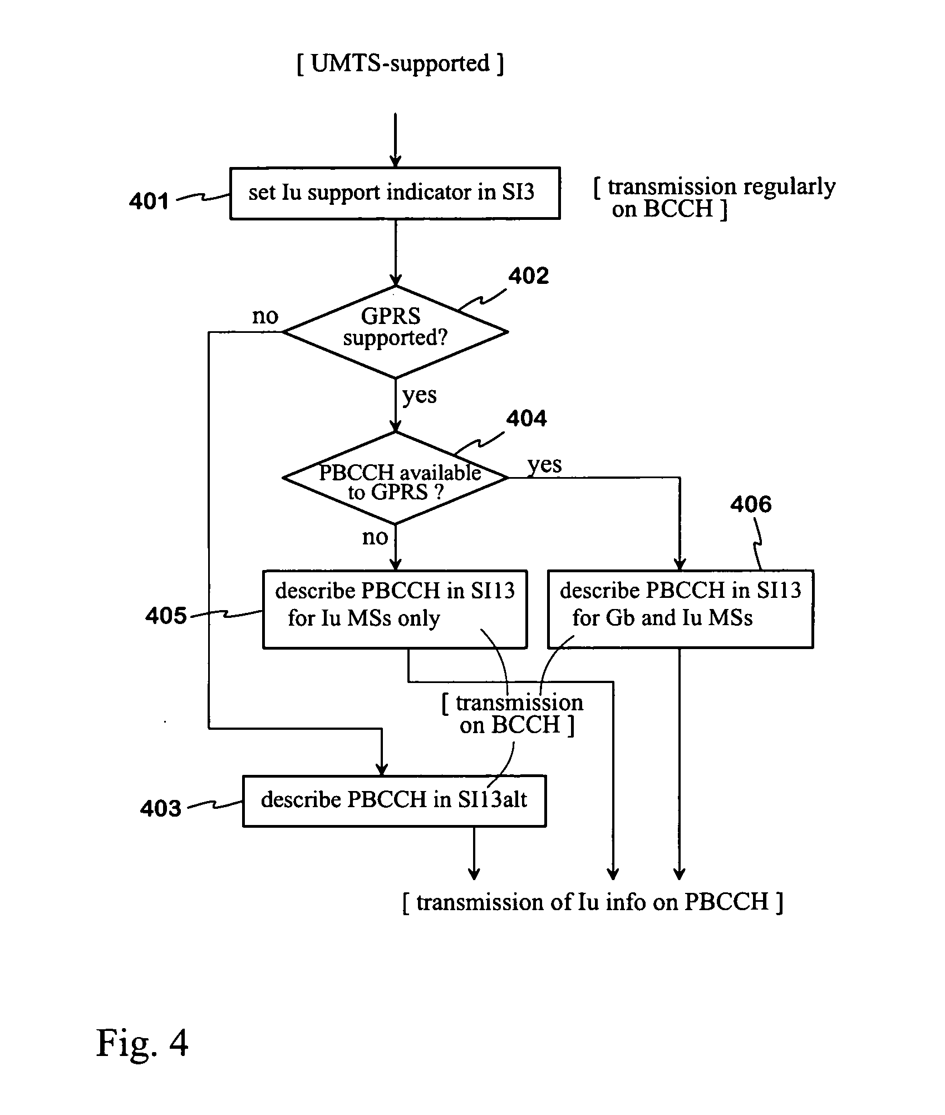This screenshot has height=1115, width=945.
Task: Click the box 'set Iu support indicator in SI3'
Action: tap(395, 193)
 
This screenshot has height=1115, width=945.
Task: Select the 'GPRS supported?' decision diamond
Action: tap(395, 332)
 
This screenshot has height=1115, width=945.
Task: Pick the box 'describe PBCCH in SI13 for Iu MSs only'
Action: tap(395, 609)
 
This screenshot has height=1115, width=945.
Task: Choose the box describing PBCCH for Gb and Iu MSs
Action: tap(680, 609)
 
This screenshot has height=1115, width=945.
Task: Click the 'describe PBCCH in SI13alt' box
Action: tap(394, 800)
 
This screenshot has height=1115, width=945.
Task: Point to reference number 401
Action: tap(149, 201)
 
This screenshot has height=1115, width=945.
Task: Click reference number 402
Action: tap(528, 276)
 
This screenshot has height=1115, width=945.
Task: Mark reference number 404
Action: tap(526, 419)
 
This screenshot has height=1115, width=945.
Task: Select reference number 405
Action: tap(166, 616)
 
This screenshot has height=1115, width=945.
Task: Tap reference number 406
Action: tap(751, 505)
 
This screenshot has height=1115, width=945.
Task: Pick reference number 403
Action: tap(160, 808)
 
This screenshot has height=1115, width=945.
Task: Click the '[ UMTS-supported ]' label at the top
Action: tap(400, 63)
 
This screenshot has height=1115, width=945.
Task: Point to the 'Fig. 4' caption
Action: tap(142, 1043)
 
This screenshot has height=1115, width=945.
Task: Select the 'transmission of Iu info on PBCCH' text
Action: tap(592, 902)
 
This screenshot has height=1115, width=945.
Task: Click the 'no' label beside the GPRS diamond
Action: tap(265, 316)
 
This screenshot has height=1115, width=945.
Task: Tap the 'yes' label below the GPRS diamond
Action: tap(420, 395)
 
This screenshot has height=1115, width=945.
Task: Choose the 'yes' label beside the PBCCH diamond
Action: tap(544, 464)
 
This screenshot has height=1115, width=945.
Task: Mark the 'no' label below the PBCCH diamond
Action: tap(375, 537)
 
